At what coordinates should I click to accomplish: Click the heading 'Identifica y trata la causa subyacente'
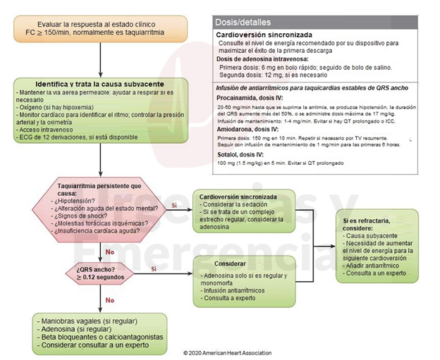point(100,84)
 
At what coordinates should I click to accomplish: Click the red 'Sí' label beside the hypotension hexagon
point(173,205)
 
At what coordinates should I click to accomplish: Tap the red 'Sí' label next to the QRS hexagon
point(154,268)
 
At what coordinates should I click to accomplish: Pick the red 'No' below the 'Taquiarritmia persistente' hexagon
point(109,251)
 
